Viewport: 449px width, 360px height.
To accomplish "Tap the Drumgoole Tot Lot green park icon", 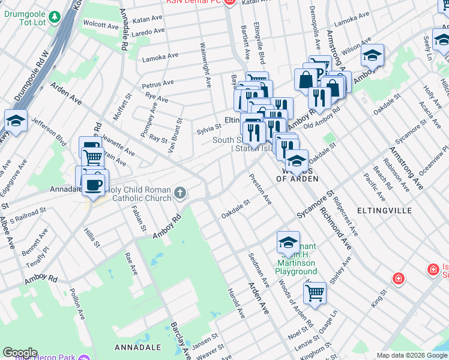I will (x=55, y=16).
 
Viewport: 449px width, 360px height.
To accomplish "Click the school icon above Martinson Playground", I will (x=288, y=242).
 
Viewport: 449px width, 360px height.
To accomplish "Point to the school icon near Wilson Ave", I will (x=372, y=55).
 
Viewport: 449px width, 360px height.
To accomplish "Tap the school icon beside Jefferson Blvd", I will (x=16, y=121).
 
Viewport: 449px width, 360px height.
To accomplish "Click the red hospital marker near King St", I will (x=397, y=278).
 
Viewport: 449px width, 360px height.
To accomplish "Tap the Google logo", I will (x=20, y=353).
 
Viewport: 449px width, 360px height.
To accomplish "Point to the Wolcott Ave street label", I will (x=101, y=26).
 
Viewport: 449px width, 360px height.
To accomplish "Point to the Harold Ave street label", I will (x=236, y=304).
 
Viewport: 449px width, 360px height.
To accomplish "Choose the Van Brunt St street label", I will (x=173, y=137).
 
